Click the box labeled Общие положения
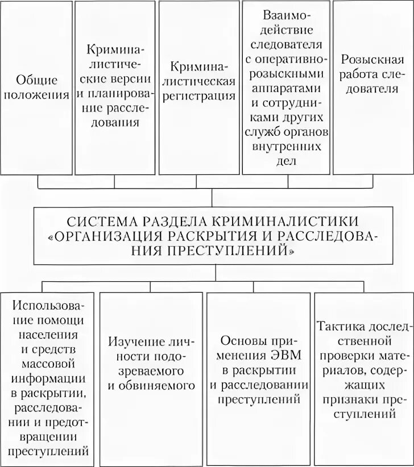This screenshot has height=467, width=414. [39, 86]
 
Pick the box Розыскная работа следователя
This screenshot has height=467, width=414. [372, 86]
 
